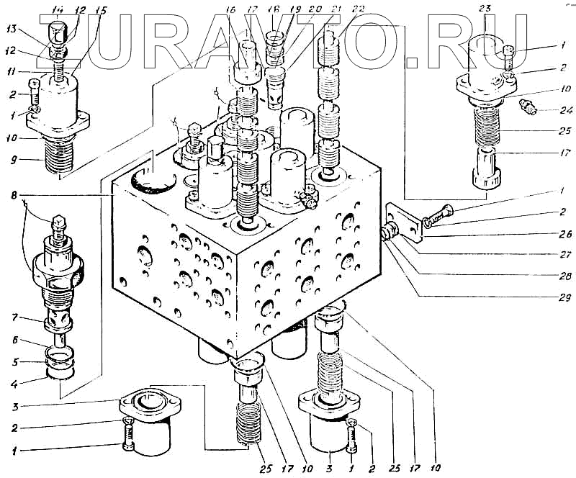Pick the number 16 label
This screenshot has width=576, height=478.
pyautogui.click(x=230, y=10)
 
